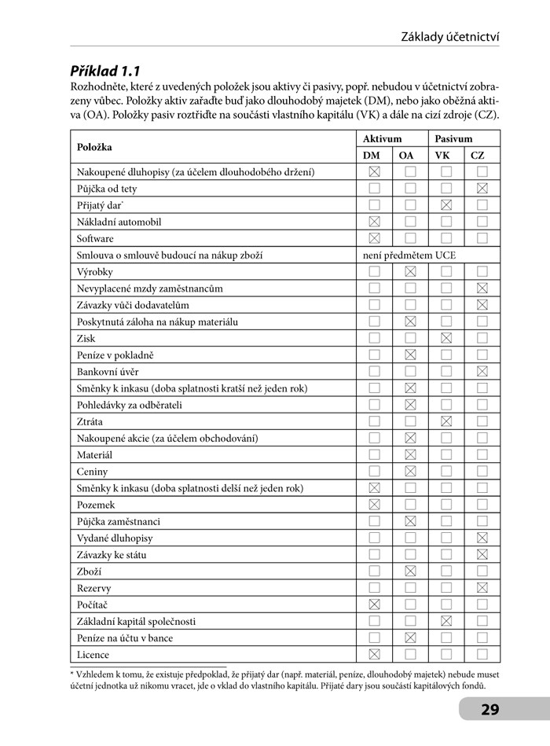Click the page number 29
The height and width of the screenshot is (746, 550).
pos(490,710)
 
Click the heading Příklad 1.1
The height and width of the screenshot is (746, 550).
pos(105,71)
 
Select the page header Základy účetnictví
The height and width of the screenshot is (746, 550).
pos(450,36)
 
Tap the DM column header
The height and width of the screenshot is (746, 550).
pos(372,156)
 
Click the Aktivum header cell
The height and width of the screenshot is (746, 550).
pos(390,138)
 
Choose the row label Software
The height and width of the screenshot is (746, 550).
pos(95,239)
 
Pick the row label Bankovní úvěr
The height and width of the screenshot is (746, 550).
pos(108,372)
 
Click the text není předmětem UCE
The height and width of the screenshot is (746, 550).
pos(409,255)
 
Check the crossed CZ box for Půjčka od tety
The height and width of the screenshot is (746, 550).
pos(482,189)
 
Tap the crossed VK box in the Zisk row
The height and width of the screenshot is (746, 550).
pos(446,339)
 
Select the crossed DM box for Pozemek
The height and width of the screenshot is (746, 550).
pos(375,505)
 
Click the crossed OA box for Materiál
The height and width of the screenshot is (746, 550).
pos(410,455)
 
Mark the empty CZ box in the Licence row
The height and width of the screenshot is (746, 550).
pos(482,655)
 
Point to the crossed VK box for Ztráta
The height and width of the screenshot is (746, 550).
pos(446,422)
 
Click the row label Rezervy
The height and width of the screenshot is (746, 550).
pos(93,589)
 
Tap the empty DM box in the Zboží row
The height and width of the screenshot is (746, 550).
pos(375,571)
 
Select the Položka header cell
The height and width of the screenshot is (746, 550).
pos(94,147)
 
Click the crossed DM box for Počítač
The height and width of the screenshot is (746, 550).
pos(375,605)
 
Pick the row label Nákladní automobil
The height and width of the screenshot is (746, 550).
pos(119,222)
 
